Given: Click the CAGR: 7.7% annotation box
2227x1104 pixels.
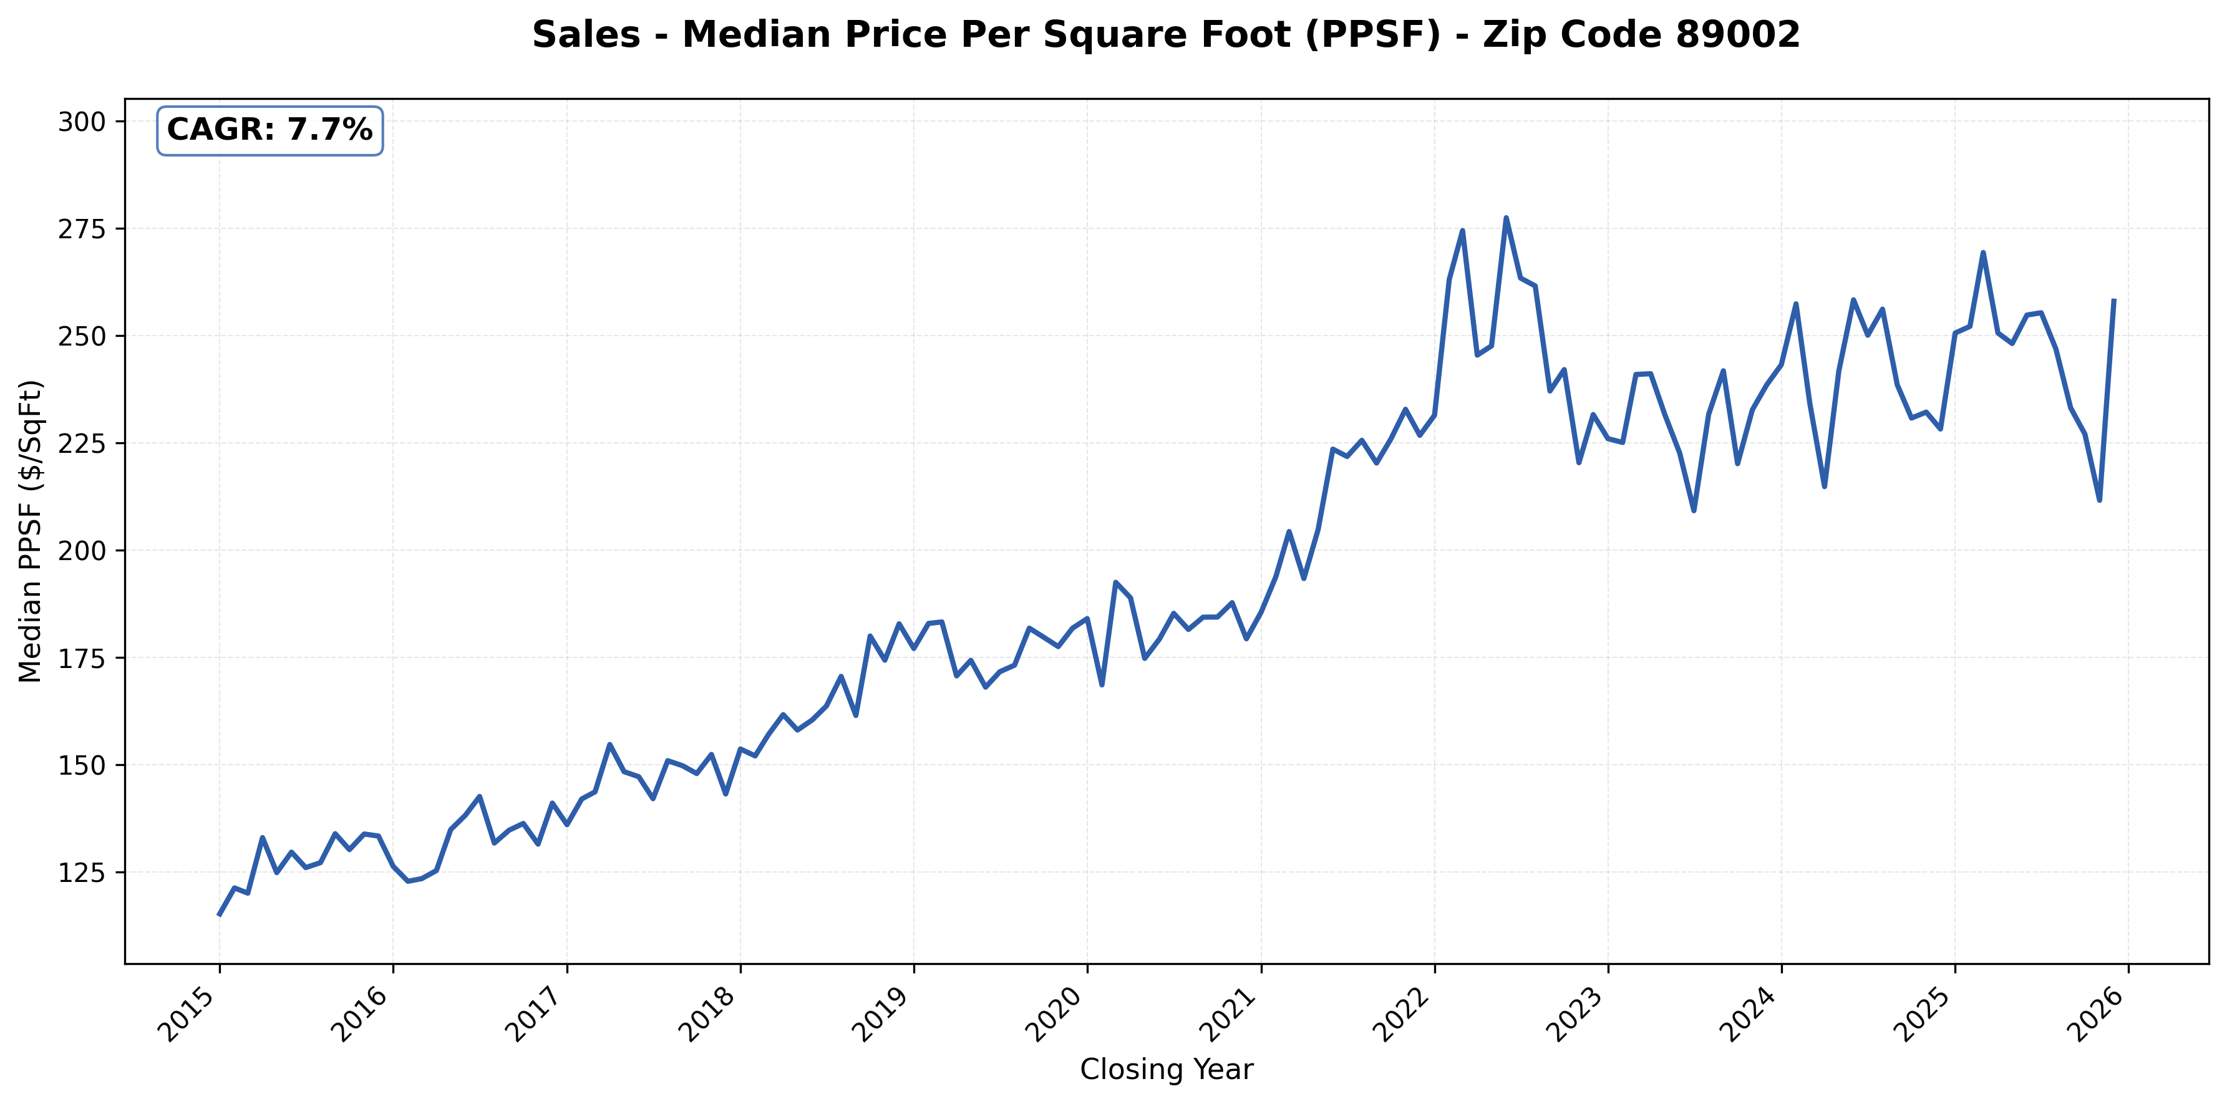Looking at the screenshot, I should point(269,130).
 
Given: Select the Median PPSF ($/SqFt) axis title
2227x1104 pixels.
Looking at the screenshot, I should point(31,531).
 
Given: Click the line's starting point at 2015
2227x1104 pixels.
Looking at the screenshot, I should point(219,914).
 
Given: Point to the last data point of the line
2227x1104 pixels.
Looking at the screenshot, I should point(2113,301).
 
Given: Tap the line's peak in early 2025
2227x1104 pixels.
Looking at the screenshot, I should point(1983,253).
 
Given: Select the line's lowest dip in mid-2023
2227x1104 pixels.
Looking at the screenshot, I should point(1694,510).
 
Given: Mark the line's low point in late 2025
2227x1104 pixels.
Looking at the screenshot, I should point(2100,500).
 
